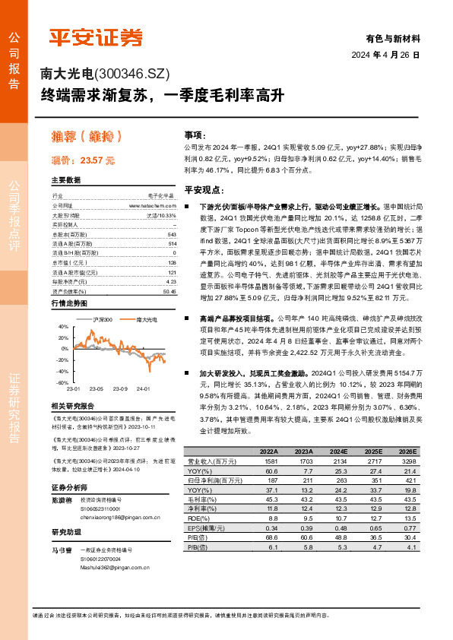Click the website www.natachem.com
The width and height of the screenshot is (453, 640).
(x=152, y=205)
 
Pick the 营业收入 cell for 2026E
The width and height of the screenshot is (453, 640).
(x=410, y=461)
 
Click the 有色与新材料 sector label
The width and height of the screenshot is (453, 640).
(x=392, y=38)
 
